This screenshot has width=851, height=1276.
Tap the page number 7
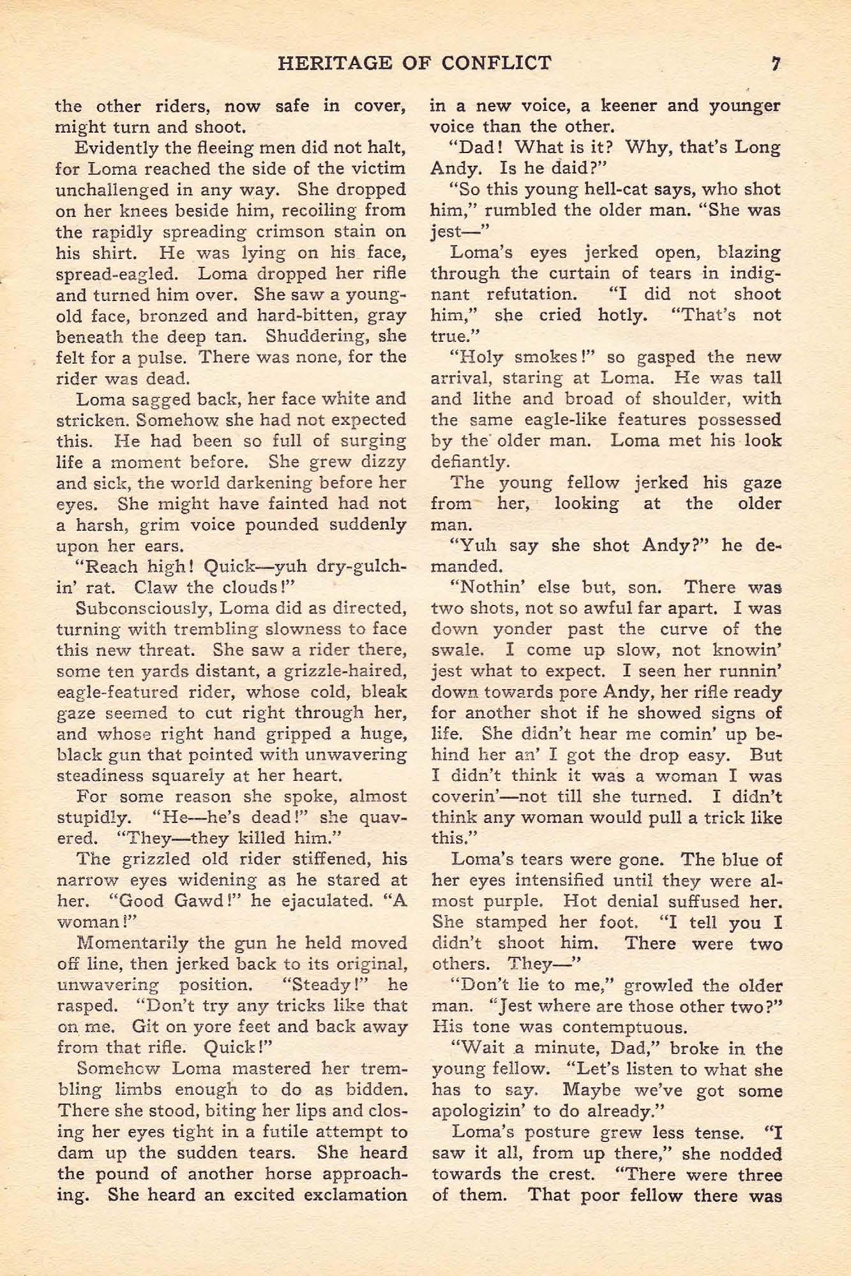coord(776,63)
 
